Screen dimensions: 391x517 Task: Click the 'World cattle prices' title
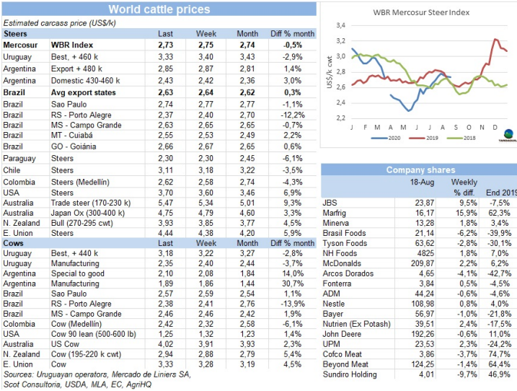[x=159, y=9]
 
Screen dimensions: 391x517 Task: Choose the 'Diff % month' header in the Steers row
[x=292, y=34]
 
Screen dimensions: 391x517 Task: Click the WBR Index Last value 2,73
[x=165, y=45]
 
